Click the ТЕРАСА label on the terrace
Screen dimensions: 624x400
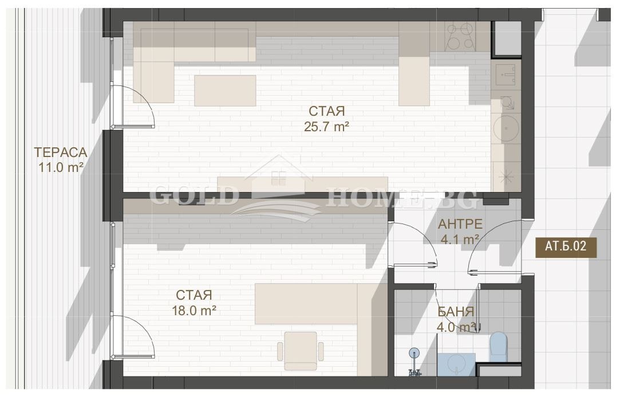61,152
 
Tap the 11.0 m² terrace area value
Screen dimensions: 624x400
61,167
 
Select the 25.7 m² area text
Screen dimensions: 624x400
326,127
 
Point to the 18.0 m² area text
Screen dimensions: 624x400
194,311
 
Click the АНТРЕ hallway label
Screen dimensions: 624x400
460,224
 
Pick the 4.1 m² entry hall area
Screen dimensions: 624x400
460,240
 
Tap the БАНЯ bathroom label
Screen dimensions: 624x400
456,312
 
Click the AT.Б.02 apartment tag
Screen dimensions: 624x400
566,246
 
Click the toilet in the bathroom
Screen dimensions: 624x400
498,346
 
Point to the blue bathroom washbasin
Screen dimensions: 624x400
456,364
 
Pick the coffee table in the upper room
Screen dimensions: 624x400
225,91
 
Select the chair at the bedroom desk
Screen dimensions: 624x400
301,351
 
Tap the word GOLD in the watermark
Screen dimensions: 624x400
193,196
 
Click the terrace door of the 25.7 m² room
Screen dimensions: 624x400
132,107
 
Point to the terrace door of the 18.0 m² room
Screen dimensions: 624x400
132,336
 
